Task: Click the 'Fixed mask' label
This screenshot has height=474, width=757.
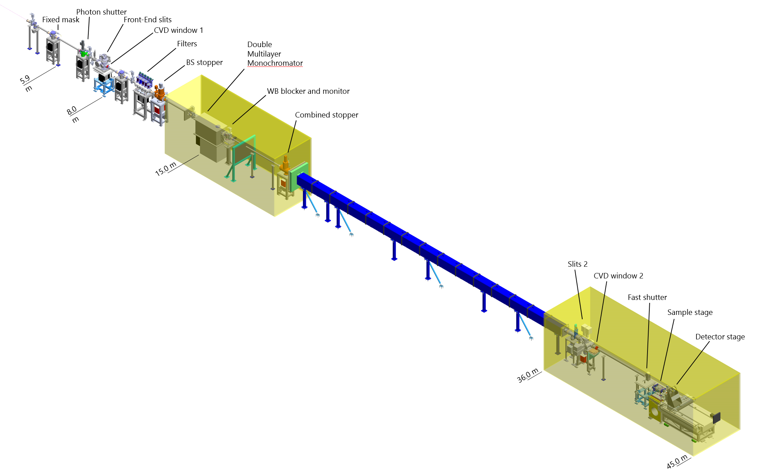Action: [x=61, y=20]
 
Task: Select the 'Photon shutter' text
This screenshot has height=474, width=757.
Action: [x=101, y=12]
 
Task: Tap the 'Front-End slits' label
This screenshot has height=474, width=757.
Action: [x=147, y=20]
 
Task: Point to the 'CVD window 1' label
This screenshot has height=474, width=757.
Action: [x=178, y=30]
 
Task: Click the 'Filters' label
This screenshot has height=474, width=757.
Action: [x=187, y=44]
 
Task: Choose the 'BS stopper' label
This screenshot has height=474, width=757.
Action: [x=204, y=62]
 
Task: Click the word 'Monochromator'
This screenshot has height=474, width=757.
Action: [x=275, y=63]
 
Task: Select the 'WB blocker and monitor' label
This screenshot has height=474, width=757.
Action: [x=308, y=91]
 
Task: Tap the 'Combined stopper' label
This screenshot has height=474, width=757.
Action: [x=327, y=115]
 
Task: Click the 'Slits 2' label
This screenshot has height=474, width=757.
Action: [x=578, y=264]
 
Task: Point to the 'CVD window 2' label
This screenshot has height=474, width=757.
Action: [x=618, y=276]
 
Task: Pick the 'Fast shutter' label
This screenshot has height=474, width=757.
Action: [x=647, y=297]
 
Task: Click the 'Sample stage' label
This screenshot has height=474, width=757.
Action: [x=690, y=312]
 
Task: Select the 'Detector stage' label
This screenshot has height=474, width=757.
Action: [x=720, y=337]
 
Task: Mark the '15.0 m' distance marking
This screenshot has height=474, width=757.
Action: [x=166, y=169]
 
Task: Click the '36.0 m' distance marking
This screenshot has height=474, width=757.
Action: [x=528, y=375]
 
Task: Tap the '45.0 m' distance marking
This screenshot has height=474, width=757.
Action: [x=677, y=462]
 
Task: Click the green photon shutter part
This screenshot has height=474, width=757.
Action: [x=85, y=54]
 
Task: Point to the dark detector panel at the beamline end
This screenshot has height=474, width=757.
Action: [x=716, y=418]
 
